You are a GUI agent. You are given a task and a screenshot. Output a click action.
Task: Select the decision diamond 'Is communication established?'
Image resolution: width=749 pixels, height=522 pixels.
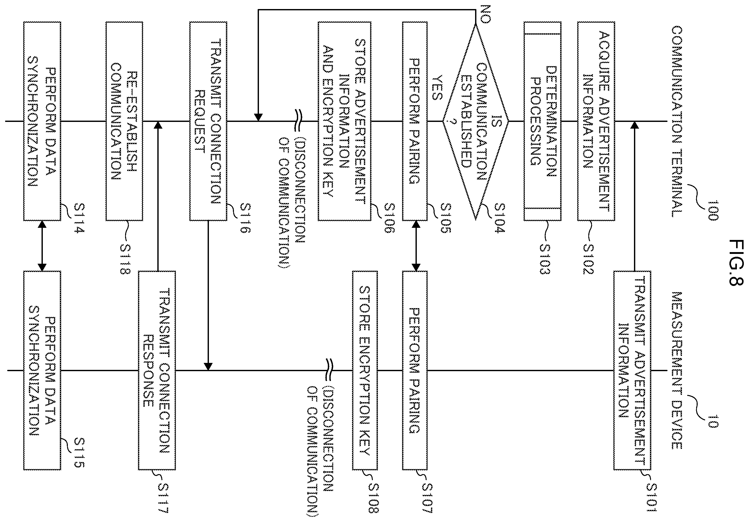(x=476, y=121)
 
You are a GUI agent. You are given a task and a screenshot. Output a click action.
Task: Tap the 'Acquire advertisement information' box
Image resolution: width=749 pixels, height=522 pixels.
(x=596, y=121)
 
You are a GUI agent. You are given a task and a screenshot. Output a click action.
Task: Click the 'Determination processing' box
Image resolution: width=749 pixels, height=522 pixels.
(x=542, y=121)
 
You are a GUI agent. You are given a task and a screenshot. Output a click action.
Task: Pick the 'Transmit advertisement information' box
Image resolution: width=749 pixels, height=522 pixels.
(x=632, y=370)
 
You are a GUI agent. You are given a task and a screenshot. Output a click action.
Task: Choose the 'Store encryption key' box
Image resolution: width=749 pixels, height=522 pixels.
(x=365, y=370)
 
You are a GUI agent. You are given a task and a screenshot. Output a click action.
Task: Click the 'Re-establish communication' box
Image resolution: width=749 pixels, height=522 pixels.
(x=124, y=121)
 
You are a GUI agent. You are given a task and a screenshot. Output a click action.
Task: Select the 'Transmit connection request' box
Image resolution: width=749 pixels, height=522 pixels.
(x=208, y=121)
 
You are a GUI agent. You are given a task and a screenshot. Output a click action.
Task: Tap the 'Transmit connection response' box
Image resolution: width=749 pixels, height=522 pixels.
(x=157, y=370)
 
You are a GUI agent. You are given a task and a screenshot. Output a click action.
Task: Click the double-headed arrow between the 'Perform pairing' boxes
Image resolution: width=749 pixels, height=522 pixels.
(x=415, y=246)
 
